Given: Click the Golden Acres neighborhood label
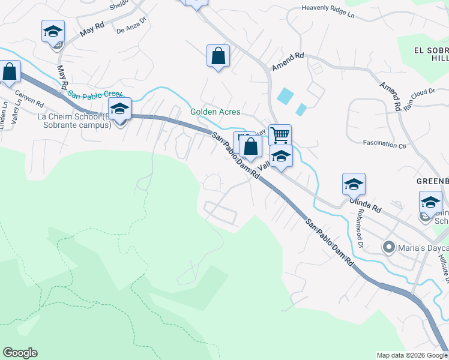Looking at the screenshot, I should coord(215,112).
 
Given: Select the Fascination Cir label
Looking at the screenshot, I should coord(385,144).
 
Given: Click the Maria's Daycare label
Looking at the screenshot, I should coord(420,247).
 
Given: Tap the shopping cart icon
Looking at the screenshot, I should coord(280,135).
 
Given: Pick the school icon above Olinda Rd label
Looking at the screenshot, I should coord(354,184).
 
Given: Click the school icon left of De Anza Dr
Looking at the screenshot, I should coord(53,31).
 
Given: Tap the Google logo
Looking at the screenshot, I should coord(20,353).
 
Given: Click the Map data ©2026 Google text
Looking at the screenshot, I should coord(411,355).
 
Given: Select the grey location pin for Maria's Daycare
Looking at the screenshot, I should coord(389,247).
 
